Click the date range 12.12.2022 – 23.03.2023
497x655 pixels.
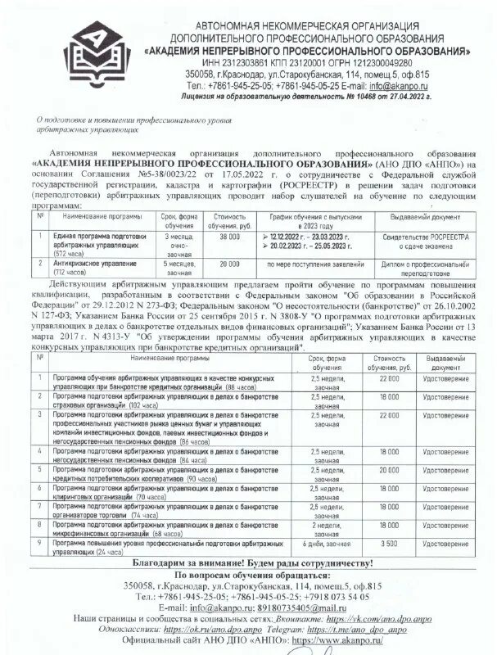pyautogui.click(x=305, y=235)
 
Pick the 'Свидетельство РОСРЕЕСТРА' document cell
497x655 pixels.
pyautogui.click(x=418, y=240)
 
